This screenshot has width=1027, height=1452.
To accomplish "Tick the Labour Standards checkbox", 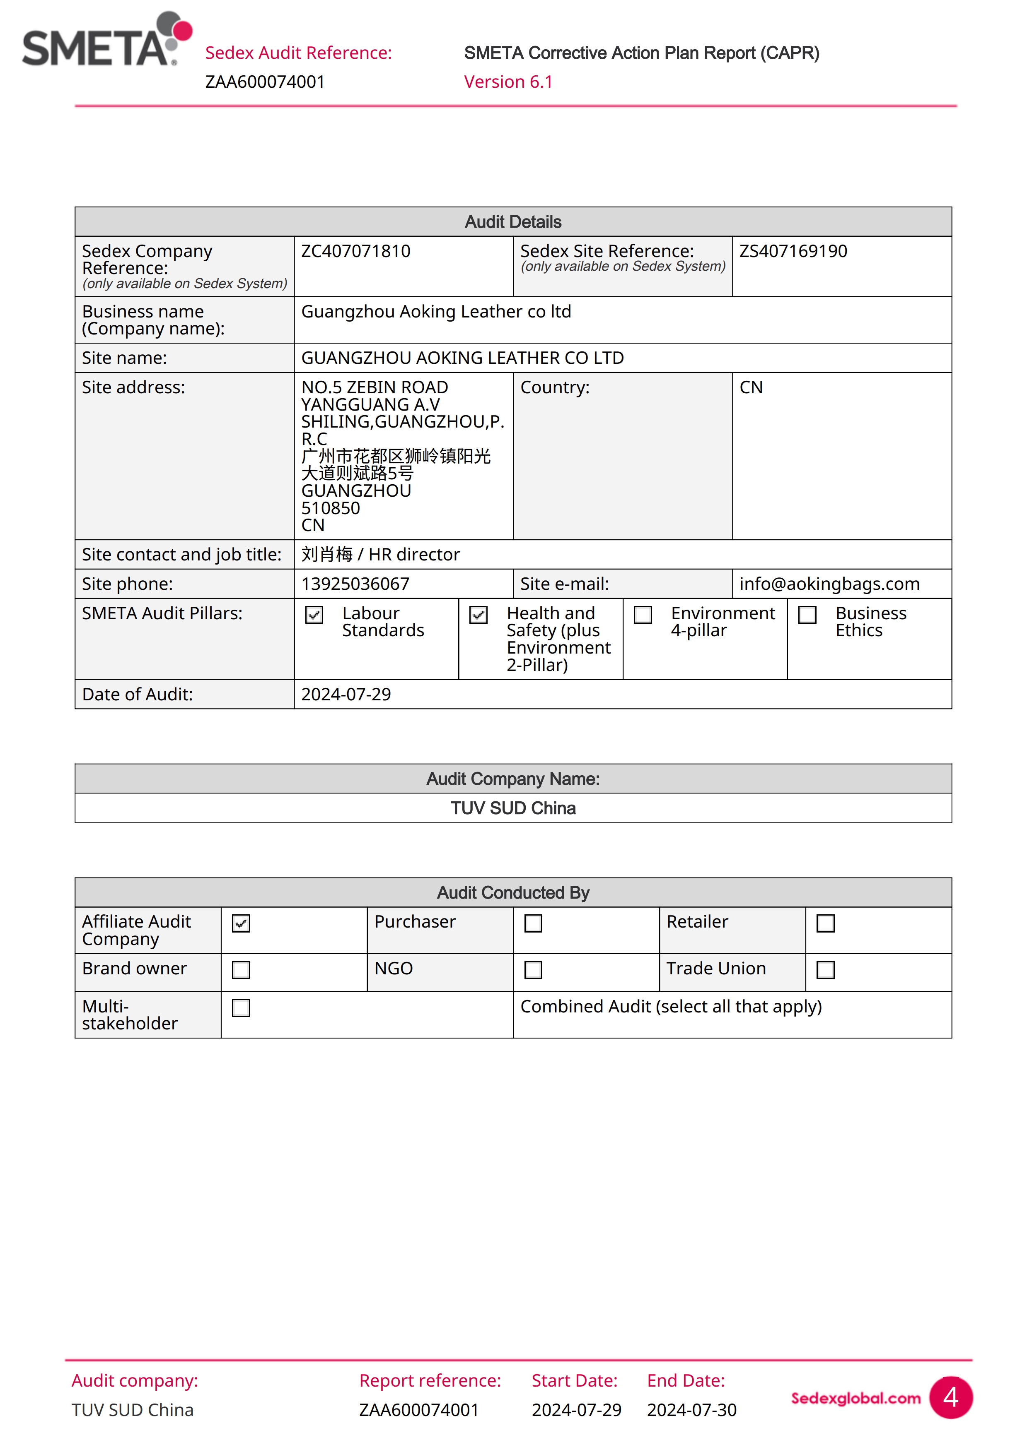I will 314,615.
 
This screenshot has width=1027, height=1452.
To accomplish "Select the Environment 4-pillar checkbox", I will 643,615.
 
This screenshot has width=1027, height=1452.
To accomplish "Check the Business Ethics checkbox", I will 807,615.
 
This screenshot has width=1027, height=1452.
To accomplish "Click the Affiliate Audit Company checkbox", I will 241,923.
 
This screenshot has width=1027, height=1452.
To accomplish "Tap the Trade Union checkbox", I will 826,969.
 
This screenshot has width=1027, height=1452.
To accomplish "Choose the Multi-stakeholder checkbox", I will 241,1007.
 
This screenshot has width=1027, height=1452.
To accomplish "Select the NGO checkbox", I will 534,969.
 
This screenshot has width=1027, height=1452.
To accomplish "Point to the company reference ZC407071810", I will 355,251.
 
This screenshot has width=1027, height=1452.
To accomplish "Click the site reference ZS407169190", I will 793,251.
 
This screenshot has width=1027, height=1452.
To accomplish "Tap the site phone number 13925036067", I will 355,584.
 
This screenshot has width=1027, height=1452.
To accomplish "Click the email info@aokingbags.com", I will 829,584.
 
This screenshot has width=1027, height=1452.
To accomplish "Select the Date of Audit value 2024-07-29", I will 346,695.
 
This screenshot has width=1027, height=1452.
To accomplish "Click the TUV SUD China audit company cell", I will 513,808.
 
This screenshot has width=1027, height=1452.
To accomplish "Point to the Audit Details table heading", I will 513,222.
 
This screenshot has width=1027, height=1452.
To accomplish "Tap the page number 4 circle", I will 950,1398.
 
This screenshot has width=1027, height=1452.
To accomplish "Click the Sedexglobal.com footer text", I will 855,1398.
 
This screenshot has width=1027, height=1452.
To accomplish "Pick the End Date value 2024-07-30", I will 691,1410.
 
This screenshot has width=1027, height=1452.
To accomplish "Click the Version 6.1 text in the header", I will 508,82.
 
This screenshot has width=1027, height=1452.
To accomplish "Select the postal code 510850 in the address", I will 330,508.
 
